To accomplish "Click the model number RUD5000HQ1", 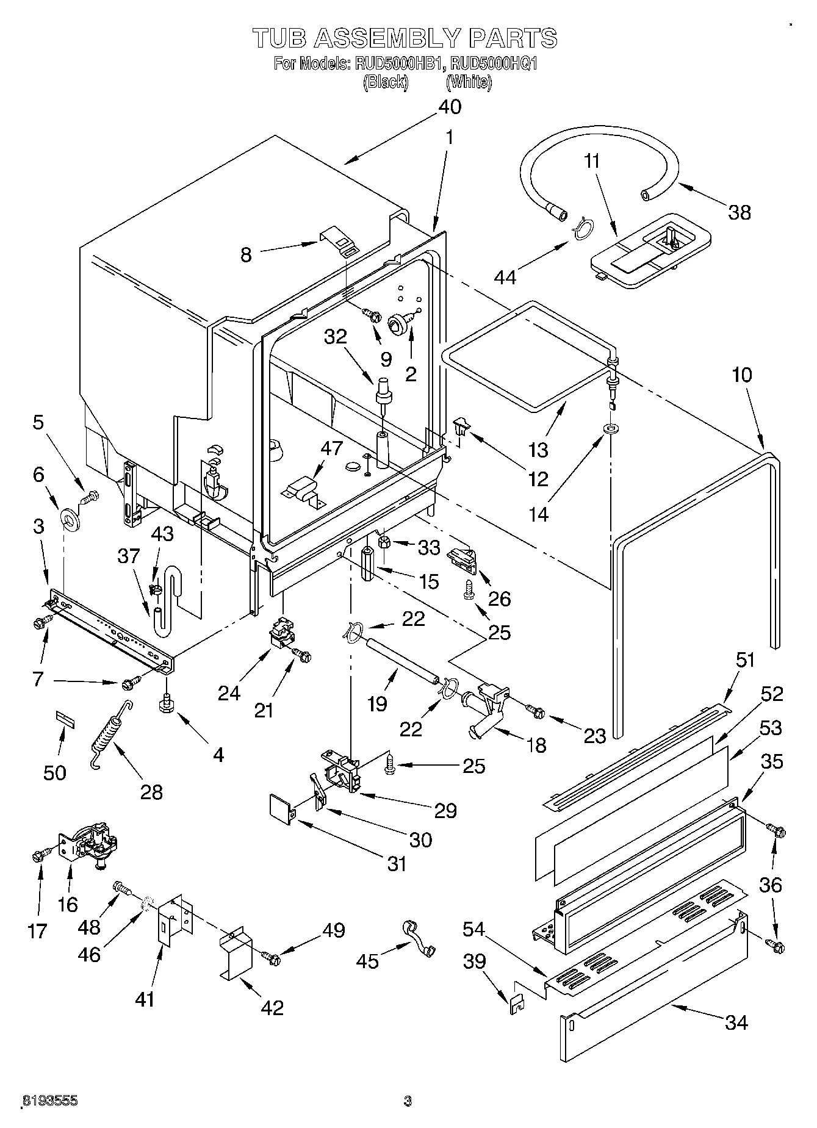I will coord(490,63).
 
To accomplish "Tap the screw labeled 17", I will coord(38,855).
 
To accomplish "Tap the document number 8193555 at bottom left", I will coord(49,1101).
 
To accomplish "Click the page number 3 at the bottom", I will coord(408,1101).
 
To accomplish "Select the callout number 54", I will coord(473,929).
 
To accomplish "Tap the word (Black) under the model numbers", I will coord(385,82).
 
